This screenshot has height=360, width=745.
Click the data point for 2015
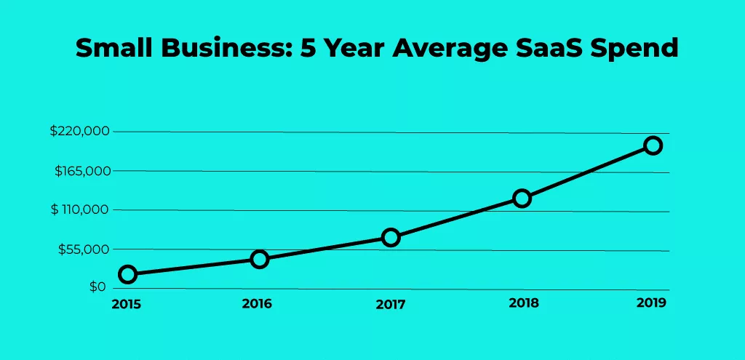[x=128, y=274]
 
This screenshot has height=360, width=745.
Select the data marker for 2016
[x=260, y=259]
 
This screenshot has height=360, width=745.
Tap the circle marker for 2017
[x=391, y=238]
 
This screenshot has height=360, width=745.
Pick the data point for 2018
[x=522, y=199]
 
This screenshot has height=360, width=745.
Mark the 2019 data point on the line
[x=653, y=145]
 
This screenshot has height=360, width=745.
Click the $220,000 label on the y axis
[x=79, y=132]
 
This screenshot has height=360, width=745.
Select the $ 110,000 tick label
[x=79, y=210]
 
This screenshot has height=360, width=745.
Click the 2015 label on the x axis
[x=126, y=304]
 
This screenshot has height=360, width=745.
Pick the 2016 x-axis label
[x=257, y=303]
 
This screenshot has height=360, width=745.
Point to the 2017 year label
[x=391, y=305]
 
